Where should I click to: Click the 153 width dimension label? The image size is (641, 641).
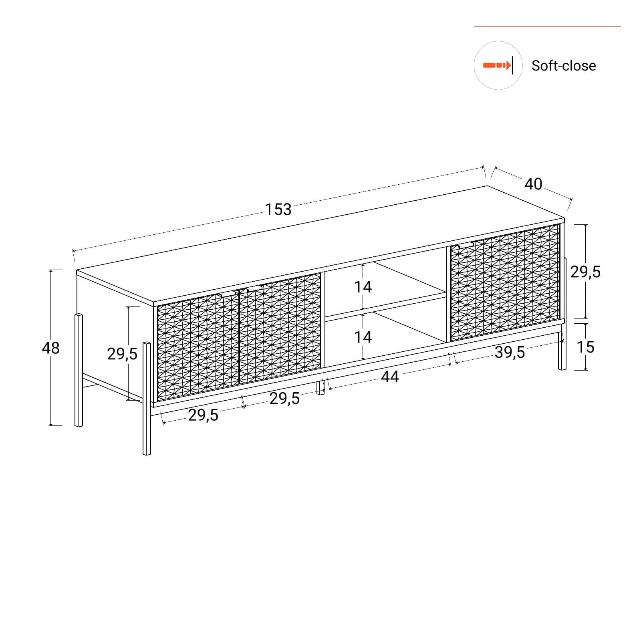coord(278,209)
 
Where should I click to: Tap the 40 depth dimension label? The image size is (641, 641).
coord(533,184)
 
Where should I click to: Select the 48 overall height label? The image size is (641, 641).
coord(51,348)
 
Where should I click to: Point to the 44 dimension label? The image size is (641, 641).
coord(390,377)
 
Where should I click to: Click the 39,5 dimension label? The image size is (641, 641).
coord(510,352)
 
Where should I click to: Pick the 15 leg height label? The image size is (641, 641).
coord(585,347)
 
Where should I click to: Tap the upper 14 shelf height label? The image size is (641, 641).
coord(363,287)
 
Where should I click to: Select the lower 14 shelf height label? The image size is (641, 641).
coord(363,337)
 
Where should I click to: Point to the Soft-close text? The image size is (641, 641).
coord(564,66)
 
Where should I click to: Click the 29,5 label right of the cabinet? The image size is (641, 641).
coord(585,272)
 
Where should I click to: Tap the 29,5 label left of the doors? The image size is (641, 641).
coord(122,354)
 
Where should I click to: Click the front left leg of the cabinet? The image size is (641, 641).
coord(147,398)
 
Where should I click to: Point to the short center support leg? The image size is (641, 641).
coord(320,387)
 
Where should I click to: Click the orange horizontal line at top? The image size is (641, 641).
coord(547,26)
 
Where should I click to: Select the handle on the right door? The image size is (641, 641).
coord(465,244)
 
